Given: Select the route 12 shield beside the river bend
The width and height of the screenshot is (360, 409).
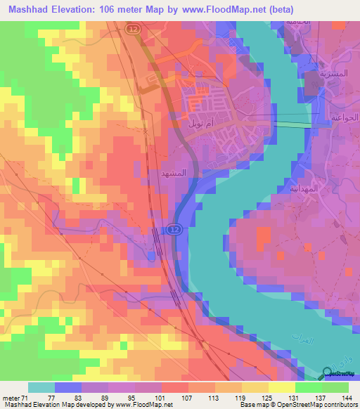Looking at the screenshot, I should click(x=174, y=229).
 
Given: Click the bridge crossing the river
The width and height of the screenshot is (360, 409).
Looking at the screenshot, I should click(x=293, y=124).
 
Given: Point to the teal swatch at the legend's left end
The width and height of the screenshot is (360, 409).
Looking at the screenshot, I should click(x=41, y=387).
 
